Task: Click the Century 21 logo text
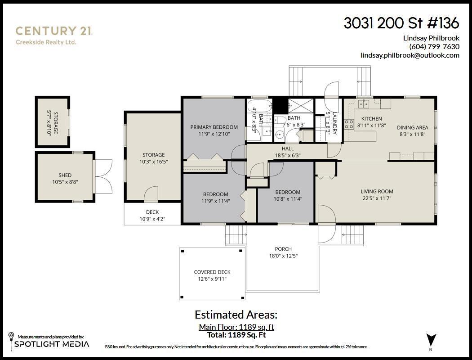point(54,31)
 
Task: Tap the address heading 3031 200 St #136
point(401,22)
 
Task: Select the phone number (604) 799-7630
point(434,46)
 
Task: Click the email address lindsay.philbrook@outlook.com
point(410,55)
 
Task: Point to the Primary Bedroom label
point(214,127)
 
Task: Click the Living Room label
point(376,191)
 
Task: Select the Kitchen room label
point(371,119)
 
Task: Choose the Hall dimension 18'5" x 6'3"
point(288,155)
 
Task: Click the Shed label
point(65,175)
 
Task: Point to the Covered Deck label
point(212,272)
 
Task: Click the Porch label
point(283,249)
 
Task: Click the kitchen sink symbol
point(364,104)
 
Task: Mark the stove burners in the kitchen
point(349,124)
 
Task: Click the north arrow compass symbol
point(431,340)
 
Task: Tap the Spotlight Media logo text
point(52,344)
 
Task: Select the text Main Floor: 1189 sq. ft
point(236,327)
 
